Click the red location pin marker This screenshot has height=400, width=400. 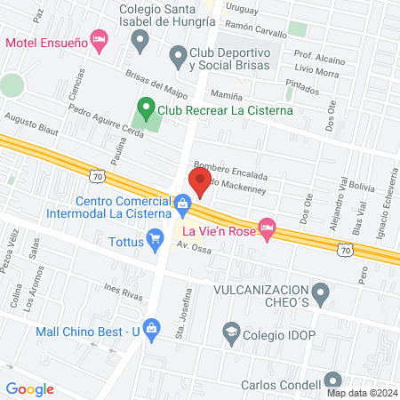pyautogui.click(x=200, y=182)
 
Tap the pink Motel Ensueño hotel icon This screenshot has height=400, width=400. pyautogui.click(x=100, y=40)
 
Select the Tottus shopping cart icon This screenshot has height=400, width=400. pyautogui.click(x=156, y=237)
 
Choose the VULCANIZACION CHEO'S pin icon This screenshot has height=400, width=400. pyautogui.click(x=322, y=291)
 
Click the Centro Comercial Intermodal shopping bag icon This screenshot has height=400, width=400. pyautogui.click(x=183, y=206)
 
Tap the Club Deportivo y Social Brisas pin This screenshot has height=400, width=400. pyautogui.click(x=176, y=56)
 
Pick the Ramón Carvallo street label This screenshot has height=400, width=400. pyautogui.click(x=258, y=28)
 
